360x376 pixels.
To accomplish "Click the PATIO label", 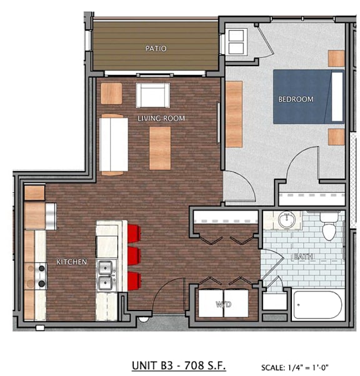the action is pyautogui.click(x=156, y=49).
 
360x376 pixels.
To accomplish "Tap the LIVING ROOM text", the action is pyautogui.click(x=161, y=118).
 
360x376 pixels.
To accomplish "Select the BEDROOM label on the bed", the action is pyautogui.click(x=296, y=99).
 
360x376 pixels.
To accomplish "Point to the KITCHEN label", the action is pyautogui.click(x=71, y=262).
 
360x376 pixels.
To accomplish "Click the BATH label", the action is pyautogui.click(x=303, y=257).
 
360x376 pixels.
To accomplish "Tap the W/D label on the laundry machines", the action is pyautogui.click(x=224, y=304).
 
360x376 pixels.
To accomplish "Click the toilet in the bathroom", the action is pyautogui.click(x=329, y=227).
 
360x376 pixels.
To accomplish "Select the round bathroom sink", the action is pyautogui.click(x=286, y=219).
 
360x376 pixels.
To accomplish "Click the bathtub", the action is pyautogui.click(x=317, y=305).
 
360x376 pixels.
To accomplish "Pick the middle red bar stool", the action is pyautogui.click(x=134, y=256).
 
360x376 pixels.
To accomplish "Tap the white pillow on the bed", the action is pyautogui.click(x=337, y=97).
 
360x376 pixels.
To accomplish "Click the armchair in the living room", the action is pyautogui.click(x=152, y=95).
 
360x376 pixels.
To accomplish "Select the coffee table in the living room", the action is pyautogui.click(x=160, y=148).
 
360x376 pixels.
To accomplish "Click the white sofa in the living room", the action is pyautogui.click(x=114, y=144).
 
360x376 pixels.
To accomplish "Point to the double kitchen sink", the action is pyautogui.click(x=106, y=275).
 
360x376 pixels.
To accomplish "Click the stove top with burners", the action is pyautogui.click(x=41, y=276).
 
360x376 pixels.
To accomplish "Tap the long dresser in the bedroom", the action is pyautogui.click(x=234, y=114).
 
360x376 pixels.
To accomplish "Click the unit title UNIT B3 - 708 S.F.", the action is pyautogui.click(x=179, y=365).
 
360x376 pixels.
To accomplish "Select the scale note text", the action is pyautogui.click(x=295, y=367).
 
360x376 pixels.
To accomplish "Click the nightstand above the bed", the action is pyautogui.click(x=336, y=58).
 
